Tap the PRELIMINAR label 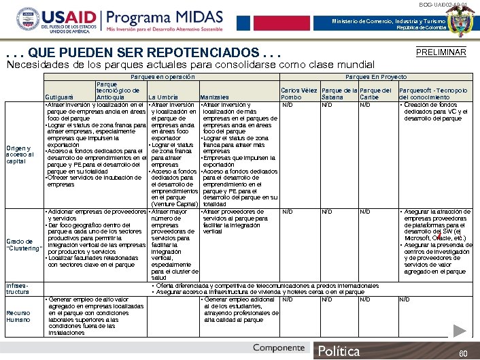click(x=440, y=52)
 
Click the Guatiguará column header click(x=60, y=97)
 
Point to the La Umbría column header click(x=163, y=97)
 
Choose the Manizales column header click(x=214, y=97)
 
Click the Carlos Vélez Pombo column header click(x=298, y=94)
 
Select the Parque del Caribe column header click(x=375, y=94)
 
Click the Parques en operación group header click(x=162, y=78)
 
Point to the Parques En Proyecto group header click(x=376, y=78)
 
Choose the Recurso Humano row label click(x=18, y=316)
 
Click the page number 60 click(x=463, y=353)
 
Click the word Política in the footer click(x=339, y=351)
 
